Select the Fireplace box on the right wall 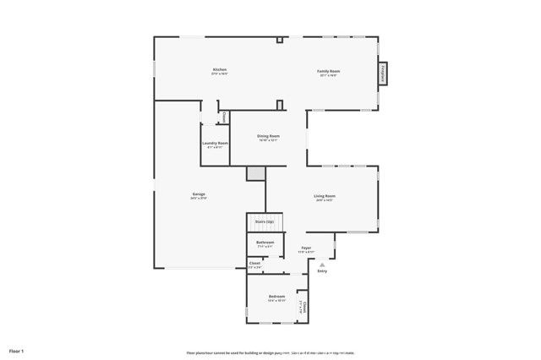(384, 74)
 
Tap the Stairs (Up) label (264, 221)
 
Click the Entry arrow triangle (321, 264)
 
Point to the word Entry (322, 271)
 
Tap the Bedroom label (276, 297)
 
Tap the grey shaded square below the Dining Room (255, 172)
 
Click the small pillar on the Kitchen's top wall (279, 39)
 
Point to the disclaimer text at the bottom (270, 352)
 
